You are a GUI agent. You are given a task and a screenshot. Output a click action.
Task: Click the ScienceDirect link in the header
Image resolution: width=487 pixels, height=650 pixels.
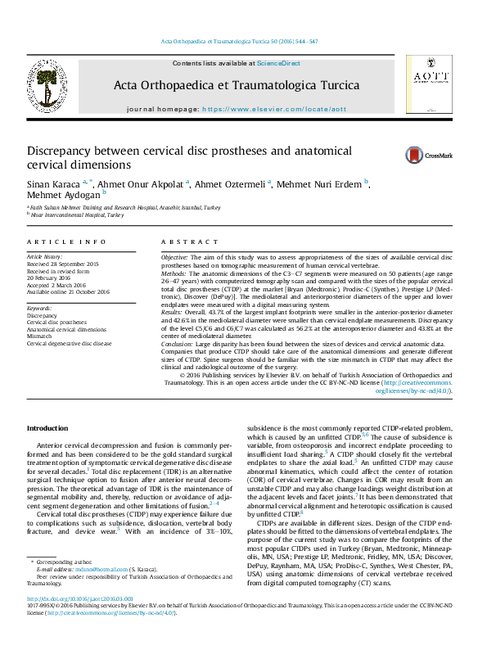pos(278,63)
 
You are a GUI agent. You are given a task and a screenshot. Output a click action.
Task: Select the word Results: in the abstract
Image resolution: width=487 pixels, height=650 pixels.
pos(174,312)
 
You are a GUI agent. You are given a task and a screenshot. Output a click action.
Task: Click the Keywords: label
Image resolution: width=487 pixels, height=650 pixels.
pos(39,308)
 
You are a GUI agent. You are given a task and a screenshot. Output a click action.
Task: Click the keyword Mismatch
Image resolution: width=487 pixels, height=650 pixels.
pos(42,336)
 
